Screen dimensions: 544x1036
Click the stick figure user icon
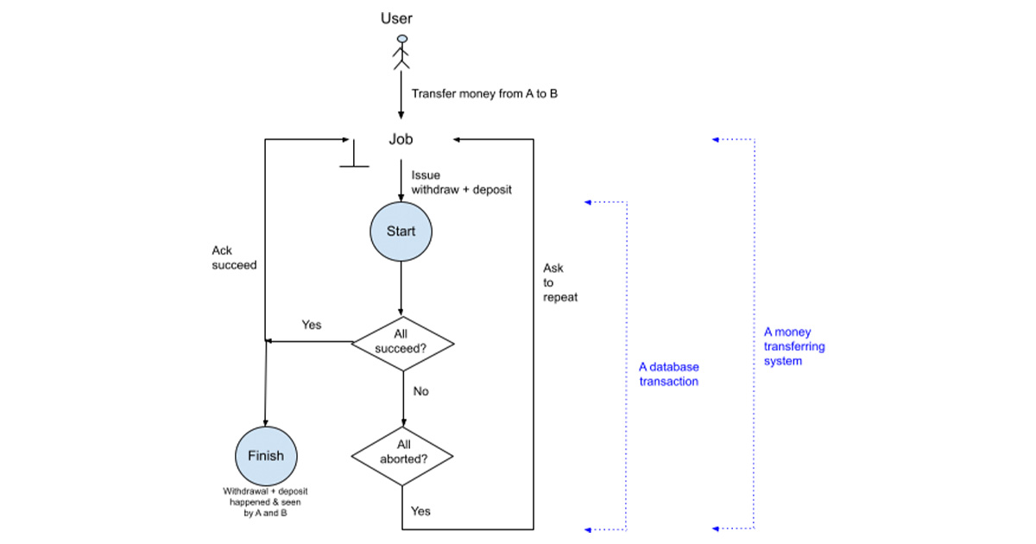point(401,52)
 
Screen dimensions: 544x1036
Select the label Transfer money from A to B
point(483,93)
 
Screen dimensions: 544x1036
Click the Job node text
point(401,139)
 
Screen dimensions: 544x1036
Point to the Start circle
point(401,231)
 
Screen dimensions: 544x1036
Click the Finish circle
point(265,456)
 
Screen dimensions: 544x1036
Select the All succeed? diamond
point(402,343)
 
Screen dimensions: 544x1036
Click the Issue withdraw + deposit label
point(461,181)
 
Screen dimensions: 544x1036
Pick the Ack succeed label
point(234,258)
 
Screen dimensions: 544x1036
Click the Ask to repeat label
point(559,282)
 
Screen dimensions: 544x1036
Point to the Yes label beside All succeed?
point(311,325)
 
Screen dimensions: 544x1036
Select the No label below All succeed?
point(420,391)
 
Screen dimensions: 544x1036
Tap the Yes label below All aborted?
point(420,511)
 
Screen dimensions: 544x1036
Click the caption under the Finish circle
point(265,502)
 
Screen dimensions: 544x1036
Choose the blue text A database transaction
point(669,374)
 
